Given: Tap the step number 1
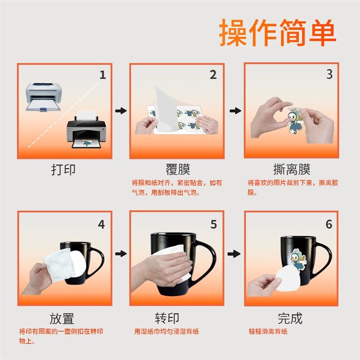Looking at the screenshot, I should tap(103, 75).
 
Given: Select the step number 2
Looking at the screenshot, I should tap(213, 75).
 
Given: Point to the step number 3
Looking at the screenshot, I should tap(329, 74).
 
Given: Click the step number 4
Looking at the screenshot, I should tap(101, 224).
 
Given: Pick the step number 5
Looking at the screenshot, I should tap(213, 224).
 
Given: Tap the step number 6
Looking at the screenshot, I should tap(329, 224).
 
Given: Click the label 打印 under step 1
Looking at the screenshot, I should tap(63, 170).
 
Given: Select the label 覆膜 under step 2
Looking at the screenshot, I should tap(178, 170).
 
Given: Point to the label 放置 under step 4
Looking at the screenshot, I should tap(62, 319).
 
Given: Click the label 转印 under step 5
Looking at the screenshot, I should tap(167, 319).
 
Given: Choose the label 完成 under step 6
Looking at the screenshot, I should tap(290, 319).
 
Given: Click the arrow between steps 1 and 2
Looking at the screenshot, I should tap(121, 111).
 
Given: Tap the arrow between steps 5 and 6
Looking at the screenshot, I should tap(234, 254).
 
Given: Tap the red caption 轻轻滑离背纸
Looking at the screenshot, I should tap(268, 332).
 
